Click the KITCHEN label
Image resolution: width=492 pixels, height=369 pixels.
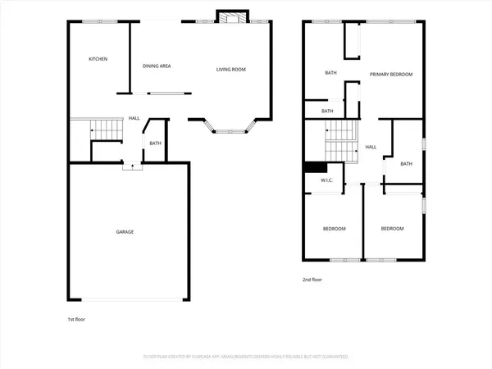pyautogui.click(x=98, y=59)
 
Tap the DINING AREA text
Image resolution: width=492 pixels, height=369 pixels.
pyautogui.click(x=157, y=66)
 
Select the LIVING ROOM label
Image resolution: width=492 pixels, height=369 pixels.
pyautogui.click(x=231, y=69)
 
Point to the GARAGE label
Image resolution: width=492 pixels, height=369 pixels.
pyautogui.click(x=125, y=232)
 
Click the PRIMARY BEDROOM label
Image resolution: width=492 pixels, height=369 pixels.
pyautogui.click(x=390, y=75)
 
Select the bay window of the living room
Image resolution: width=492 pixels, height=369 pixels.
pyautogui.click(x=229, y=128)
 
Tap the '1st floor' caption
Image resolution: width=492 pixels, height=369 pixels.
pyautogui.click(x=75, y=318)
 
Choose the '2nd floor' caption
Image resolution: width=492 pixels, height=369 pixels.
pyautogui.click(x=312, y=280)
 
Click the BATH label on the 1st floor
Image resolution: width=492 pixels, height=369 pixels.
pyautogui.click(x=156, y=145)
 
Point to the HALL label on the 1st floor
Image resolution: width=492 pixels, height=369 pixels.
pyautogui.click(x=134, y=118)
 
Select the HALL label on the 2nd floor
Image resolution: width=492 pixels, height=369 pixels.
pyautogui.click(x=371, y=147)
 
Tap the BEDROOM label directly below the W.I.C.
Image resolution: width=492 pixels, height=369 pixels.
pyautogui.click(x=334, y=229)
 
